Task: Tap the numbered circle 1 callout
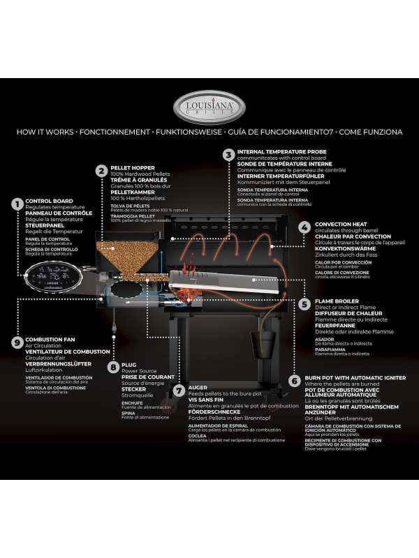(x=17, y=204)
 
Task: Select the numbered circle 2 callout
(x=101, y=169)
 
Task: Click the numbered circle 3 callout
(x=228, y=155)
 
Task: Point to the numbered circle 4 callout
(x=305, y=228)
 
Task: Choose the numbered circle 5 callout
(x=305, y=304)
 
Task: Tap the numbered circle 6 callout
(x=295, y=381)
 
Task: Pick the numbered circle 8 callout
(x=112, y=366)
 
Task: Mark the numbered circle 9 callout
(x=17, y=342)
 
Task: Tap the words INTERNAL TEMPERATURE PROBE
(x=281, y=151)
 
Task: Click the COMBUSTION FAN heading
(x=50, y=339)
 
